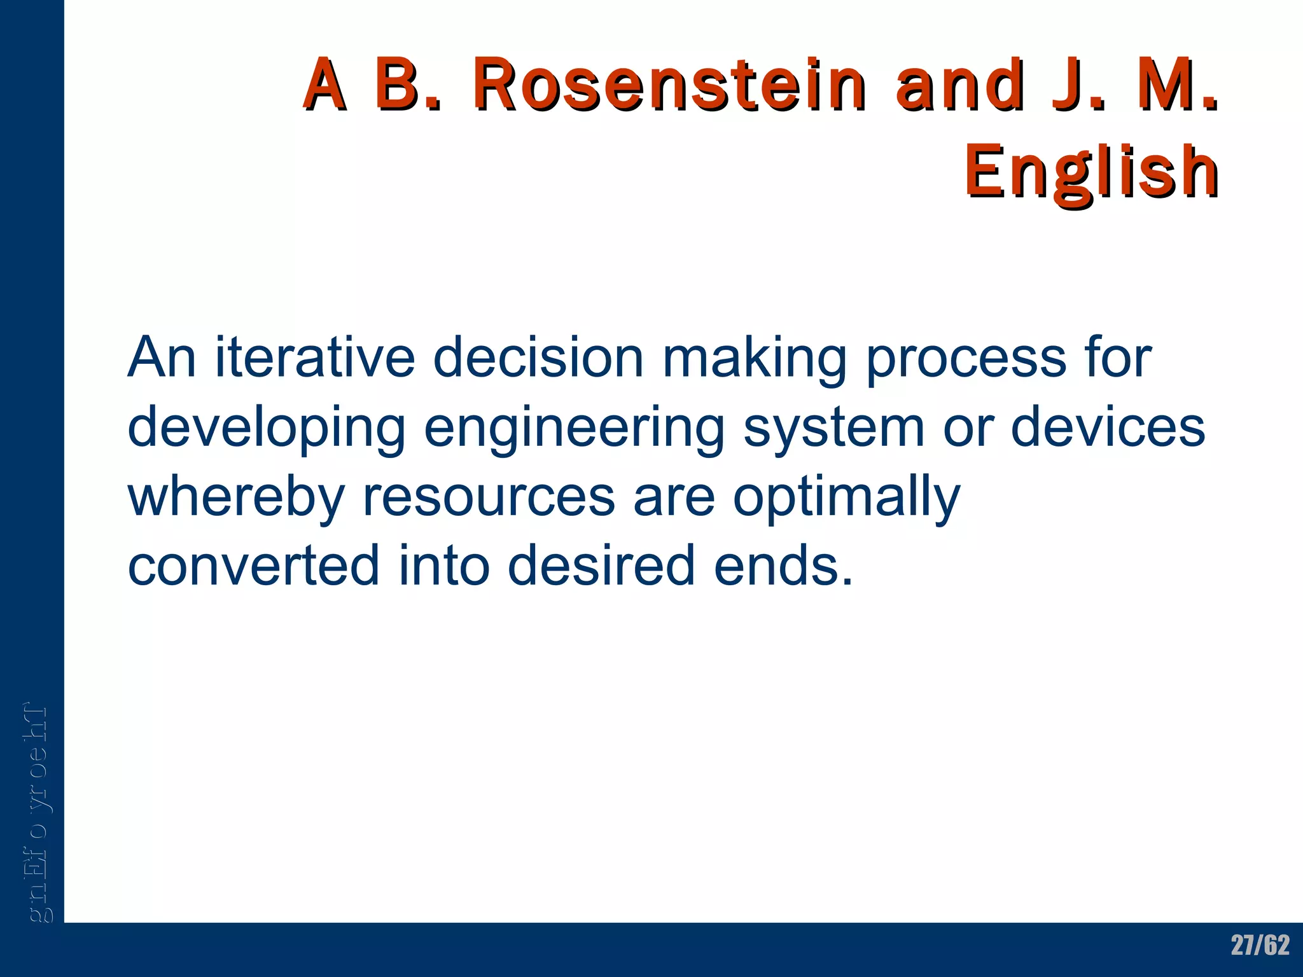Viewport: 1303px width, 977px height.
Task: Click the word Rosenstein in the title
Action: (669, 85)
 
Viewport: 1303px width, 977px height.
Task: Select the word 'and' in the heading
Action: (960, 85)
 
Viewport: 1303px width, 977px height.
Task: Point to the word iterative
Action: (315, 357)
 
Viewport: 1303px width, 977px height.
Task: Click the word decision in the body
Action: (538, 357)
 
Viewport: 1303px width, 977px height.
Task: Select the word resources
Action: (489, 498)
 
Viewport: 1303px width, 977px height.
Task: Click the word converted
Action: (253, 565)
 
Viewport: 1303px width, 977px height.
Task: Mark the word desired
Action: (601, 565)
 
